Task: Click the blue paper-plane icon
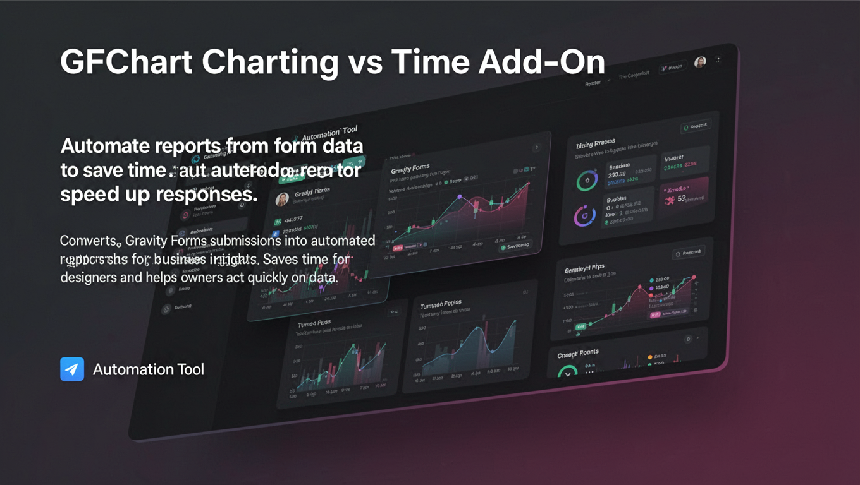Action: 72,369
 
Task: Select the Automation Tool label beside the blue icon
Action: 149,369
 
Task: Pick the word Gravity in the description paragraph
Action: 147,241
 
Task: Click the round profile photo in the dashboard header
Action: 700,63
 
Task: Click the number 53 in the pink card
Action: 682,200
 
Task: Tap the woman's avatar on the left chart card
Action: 283,199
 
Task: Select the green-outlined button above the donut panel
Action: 695,126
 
